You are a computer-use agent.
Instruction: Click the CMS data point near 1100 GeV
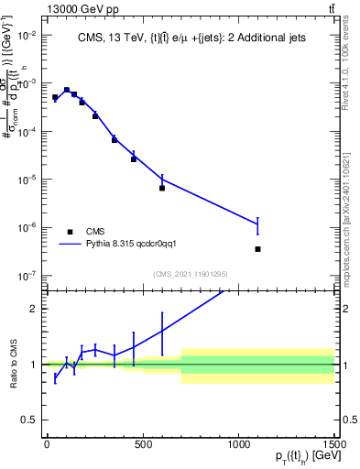click(x=258, y=249)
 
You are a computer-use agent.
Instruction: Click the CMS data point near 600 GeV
click(x=162, y=188)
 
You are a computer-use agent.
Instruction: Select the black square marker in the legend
click(x=71, y=232)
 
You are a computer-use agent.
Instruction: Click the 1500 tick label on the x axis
click(x=335, y=444)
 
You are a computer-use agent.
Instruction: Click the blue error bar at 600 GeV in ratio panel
click(x=162, y=330)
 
